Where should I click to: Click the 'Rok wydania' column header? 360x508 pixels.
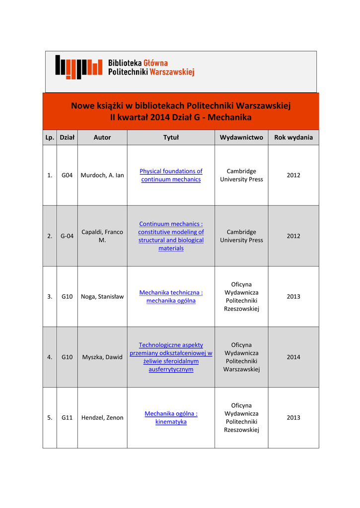pyautogui.click(x=293, y=137)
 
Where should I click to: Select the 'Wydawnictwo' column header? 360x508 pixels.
pyautogui.click(x=241, y=137)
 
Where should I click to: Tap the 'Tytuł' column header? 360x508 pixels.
pyautogui.click(x=171, y=137)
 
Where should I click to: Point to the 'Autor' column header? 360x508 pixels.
pyautogui.click(x=102, y=137)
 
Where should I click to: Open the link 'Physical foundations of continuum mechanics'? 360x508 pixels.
pyautogui.click(x=171, y=175)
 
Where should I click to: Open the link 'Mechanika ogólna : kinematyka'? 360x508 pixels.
pyautogui.click(x=171, y=418)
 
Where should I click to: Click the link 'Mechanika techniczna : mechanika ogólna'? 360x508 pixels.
pyautogui.click(x=171, y=297)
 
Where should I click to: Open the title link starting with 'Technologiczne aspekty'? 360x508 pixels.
pyautogui.click(x=171, y=357)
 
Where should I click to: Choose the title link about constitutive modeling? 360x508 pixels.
pyautogui.click(x=171, y=236)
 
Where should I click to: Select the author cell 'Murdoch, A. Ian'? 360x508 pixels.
pyautogui.click(x=102, y=175)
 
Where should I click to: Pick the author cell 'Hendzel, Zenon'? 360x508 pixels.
pyautogui.click(x=102, y=418)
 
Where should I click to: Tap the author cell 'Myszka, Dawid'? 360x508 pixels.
pyautogui.click(x=102, y=357)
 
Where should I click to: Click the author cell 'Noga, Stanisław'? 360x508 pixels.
pyautogui.click(x=102, y=297)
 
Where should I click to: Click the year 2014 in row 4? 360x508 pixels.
pyautogui.click(x=293, y=357)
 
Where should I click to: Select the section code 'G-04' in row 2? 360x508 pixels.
pyautogui.click(x=67, y=236)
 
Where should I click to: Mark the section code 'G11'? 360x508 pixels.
pyautogui.click(x=67, y=418)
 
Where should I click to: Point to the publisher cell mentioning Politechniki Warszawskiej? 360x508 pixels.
pyautogui.click(x=241, y=357)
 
